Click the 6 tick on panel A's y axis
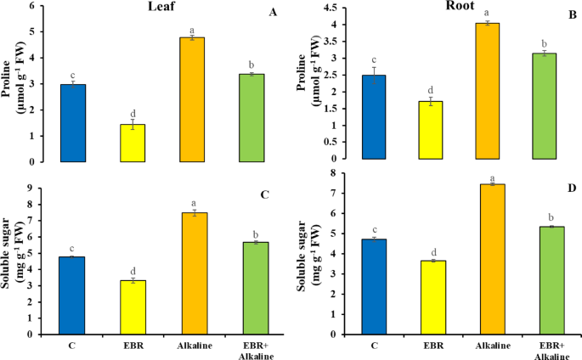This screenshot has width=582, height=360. pyautogui.click(x=42, y=6)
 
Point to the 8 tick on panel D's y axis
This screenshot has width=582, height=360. pyautogui.click(x=337, y=172)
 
